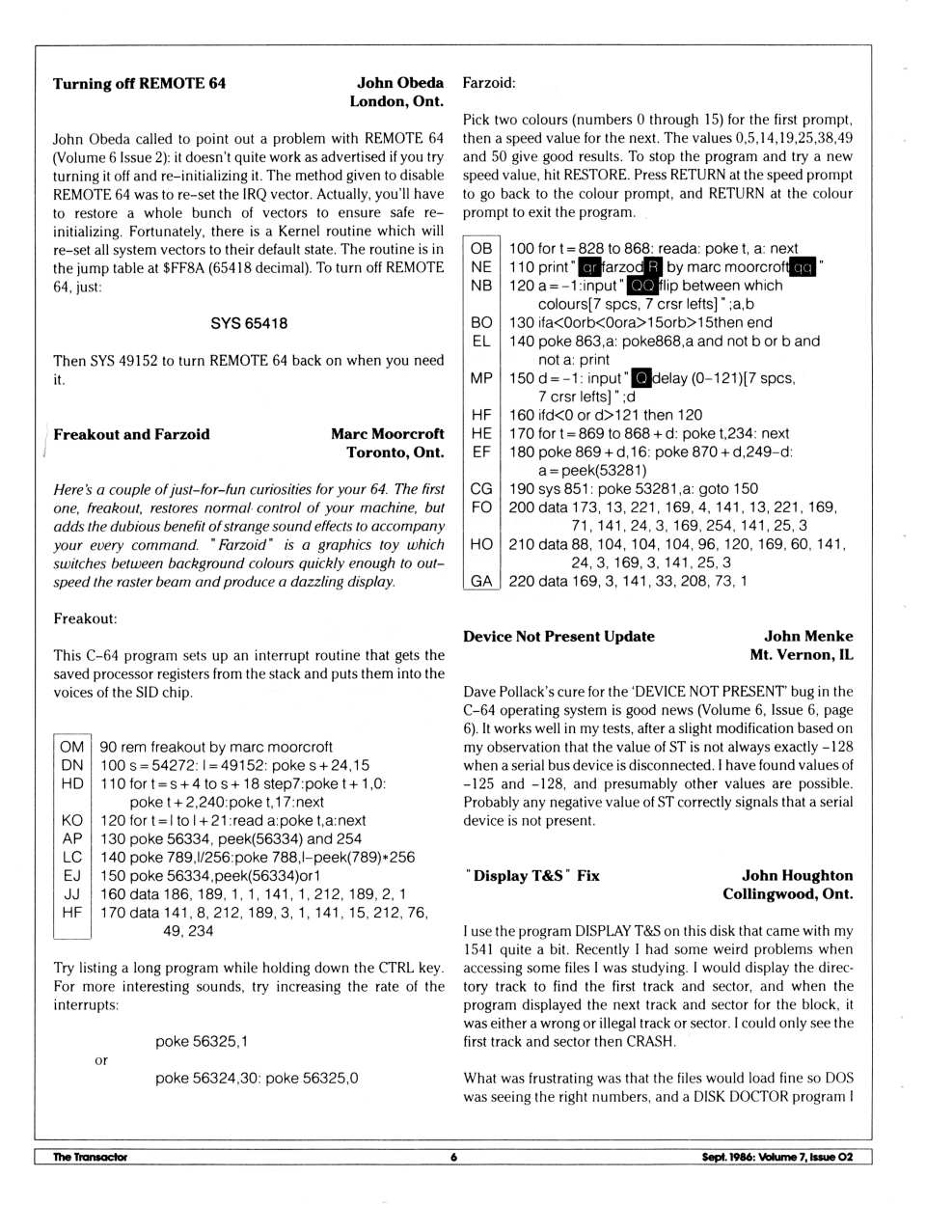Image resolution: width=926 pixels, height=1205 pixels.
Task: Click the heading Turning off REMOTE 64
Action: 139,84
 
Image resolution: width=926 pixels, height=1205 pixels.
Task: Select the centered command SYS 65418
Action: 249,323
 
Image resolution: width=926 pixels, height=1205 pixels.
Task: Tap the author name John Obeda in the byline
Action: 400,83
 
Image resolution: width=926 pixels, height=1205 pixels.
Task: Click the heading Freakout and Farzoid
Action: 131,434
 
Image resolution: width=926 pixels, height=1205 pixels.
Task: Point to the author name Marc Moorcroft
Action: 388,434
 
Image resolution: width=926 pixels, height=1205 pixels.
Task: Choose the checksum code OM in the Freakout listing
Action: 71,747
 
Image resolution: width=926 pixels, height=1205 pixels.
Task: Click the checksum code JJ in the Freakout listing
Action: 71,893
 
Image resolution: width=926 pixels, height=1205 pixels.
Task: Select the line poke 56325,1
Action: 202,1041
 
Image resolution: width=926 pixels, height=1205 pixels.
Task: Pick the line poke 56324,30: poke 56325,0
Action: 257,1078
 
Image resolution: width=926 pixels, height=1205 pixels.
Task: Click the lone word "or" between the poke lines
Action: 101,1060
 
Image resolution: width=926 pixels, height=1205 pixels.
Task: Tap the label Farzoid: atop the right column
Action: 489,83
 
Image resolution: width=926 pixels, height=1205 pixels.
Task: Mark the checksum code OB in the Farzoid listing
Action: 481,249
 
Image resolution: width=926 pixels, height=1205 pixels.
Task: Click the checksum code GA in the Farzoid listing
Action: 481,581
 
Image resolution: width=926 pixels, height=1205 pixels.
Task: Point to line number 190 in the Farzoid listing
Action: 522,488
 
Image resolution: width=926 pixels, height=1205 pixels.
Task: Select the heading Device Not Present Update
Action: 558,637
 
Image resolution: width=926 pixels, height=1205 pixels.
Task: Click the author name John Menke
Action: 808,637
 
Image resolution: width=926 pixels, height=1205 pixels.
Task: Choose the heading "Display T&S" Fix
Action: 532,876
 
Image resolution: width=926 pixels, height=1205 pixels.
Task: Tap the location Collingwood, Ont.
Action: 788,894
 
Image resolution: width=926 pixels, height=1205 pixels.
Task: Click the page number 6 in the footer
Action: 453,1157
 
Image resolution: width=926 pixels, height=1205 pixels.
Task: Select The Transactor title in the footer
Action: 90,1157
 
